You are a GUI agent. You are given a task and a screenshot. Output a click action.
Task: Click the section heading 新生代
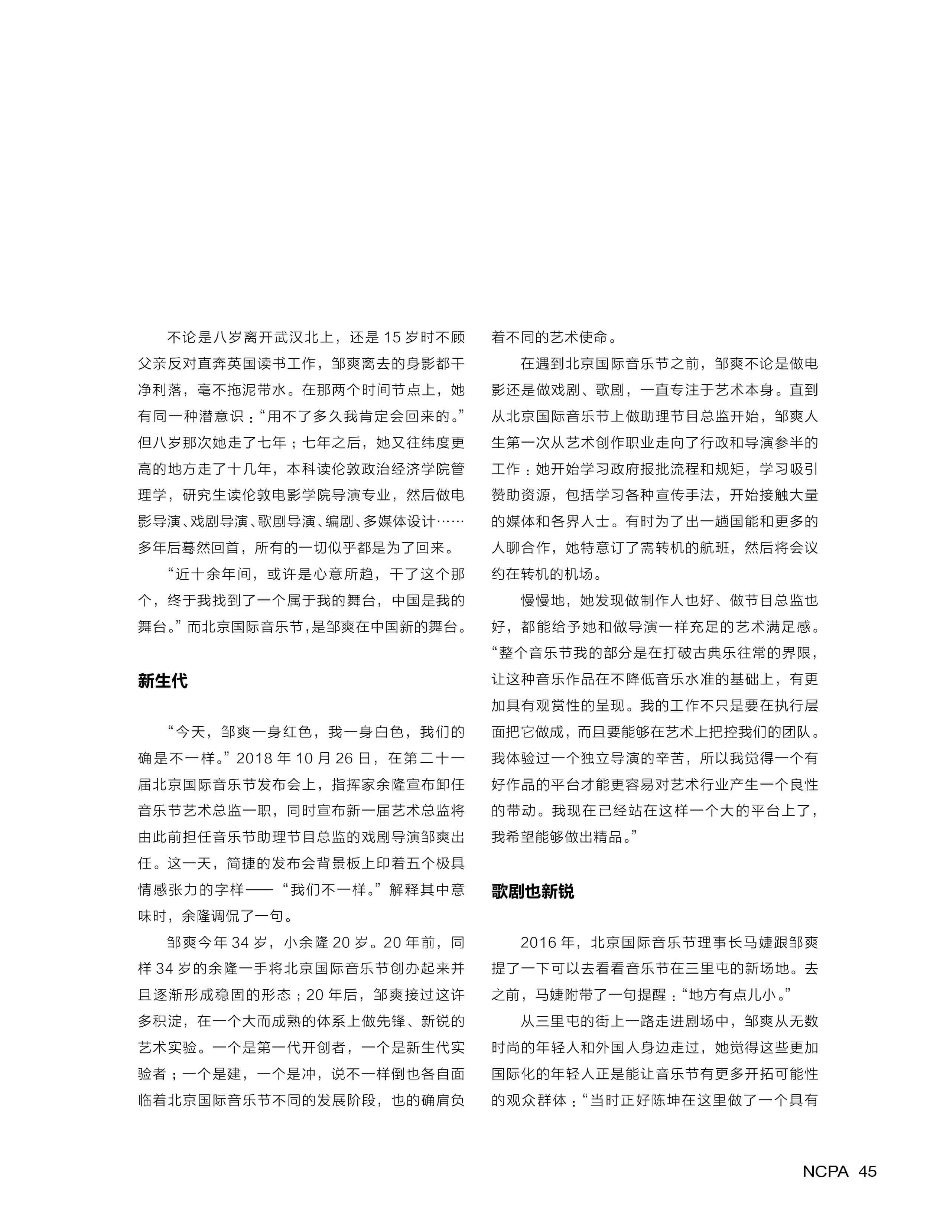(163, 681)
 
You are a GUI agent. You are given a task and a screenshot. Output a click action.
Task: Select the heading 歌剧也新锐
(533, 891)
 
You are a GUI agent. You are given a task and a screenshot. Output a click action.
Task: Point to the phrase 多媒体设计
(399, 521)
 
